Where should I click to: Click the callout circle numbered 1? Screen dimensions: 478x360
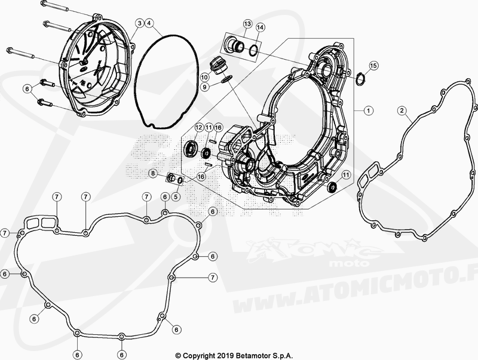[x=369, y=110]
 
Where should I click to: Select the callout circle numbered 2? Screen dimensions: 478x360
[x=402, y=110]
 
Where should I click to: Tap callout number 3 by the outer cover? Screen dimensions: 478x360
[x=139, y=23]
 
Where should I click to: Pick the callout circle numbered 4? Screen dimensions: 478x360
[x=149, y=23]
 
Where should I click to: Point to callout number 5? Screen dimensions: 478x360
[x=176, y=197]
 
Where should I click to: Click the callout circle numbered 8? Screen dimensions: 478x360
[x=154, y=174]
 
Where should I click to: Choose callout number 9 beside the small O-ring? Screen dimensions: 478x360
[x=205, y=87]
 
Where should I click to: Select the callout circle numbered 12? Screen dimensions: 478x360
[x=199, y=128]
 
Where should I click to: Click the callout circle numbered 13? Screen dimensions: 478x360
[x=247, y=24]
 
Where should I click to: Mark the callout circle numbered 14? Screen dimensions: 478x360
[x=260, y=27]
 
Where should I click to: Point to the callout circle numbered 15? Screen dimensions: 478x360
[x=373, y=66]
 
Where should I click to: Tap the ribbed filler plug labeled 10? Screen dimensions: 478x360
[x=216, y=66]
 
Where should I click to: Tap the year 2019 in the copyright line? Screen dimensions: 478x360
[x=226, y=355]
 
